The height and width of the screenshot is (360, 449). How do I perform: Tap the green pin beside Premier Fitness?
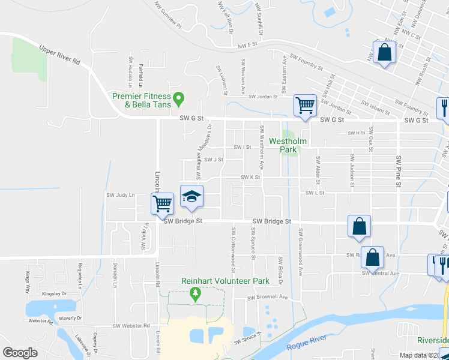point(178,97)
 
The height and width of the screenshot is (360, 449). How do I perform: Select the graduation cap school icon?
point(191,197)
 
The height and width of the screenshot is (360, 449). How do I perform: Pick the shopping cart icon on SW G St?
point(305,106)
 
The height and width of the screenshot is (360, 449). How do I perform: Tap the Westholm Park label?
point(288,145)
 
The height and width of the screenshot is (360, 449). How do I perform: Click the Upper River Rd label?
point(60,55)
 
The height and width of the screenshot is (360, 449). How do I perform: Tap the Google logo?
point(20,353)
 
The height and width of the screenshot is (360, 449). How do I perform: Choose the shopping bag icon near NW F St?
point(384,53)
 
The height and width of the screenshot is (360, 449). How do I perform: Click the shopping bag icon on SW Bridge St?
point(359,226)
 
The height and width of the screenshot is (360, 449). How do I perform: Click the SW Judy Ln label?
point(121,195)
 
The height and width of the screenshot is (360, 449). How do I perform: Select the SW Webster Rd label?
point(131,326)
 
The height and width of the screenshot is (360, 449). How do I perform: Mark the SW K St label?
point(250,177)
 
